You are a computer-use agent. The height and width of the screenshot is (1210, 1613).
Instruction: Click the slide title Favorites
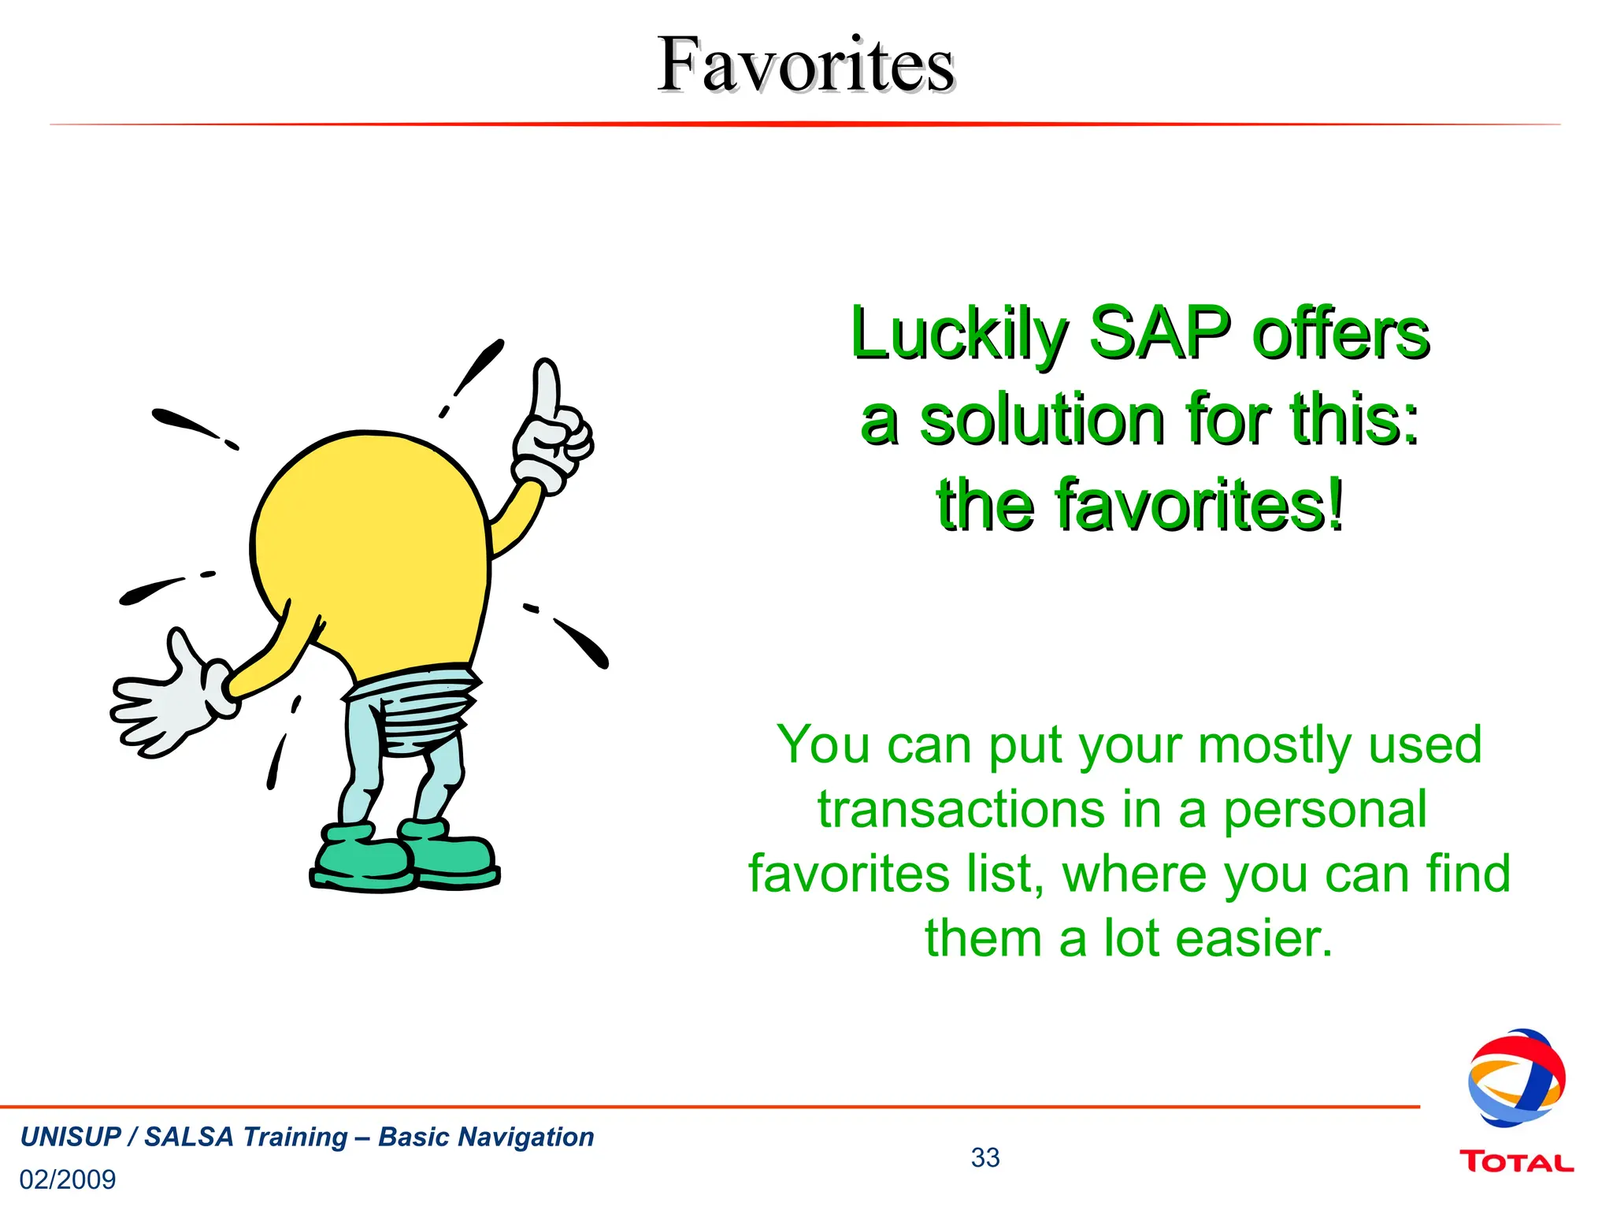click(805, 65)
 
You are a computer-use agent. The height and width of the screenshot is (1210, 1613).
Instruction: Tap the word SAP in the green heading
click(1160, 334)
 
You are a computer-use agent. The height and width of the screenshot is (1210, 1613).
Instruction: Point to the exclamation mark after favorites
click(1334, 504)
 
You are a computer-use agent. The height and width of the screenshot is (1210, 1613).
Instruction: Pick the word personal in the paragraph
click(1324, 810)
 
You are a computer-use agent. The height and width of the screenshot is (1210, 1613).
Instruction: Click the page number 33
click(984, 1157)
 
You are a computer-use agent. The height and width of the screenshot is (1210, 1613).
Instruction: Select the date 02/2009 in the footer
click(68, 1179)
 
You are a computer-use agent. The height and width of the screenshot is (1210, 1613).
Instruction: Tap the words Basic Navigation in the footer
click(486, 1137)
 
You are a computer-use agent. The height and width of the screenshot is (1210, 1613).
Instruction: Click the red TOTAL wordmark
click(1516, 1162)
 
